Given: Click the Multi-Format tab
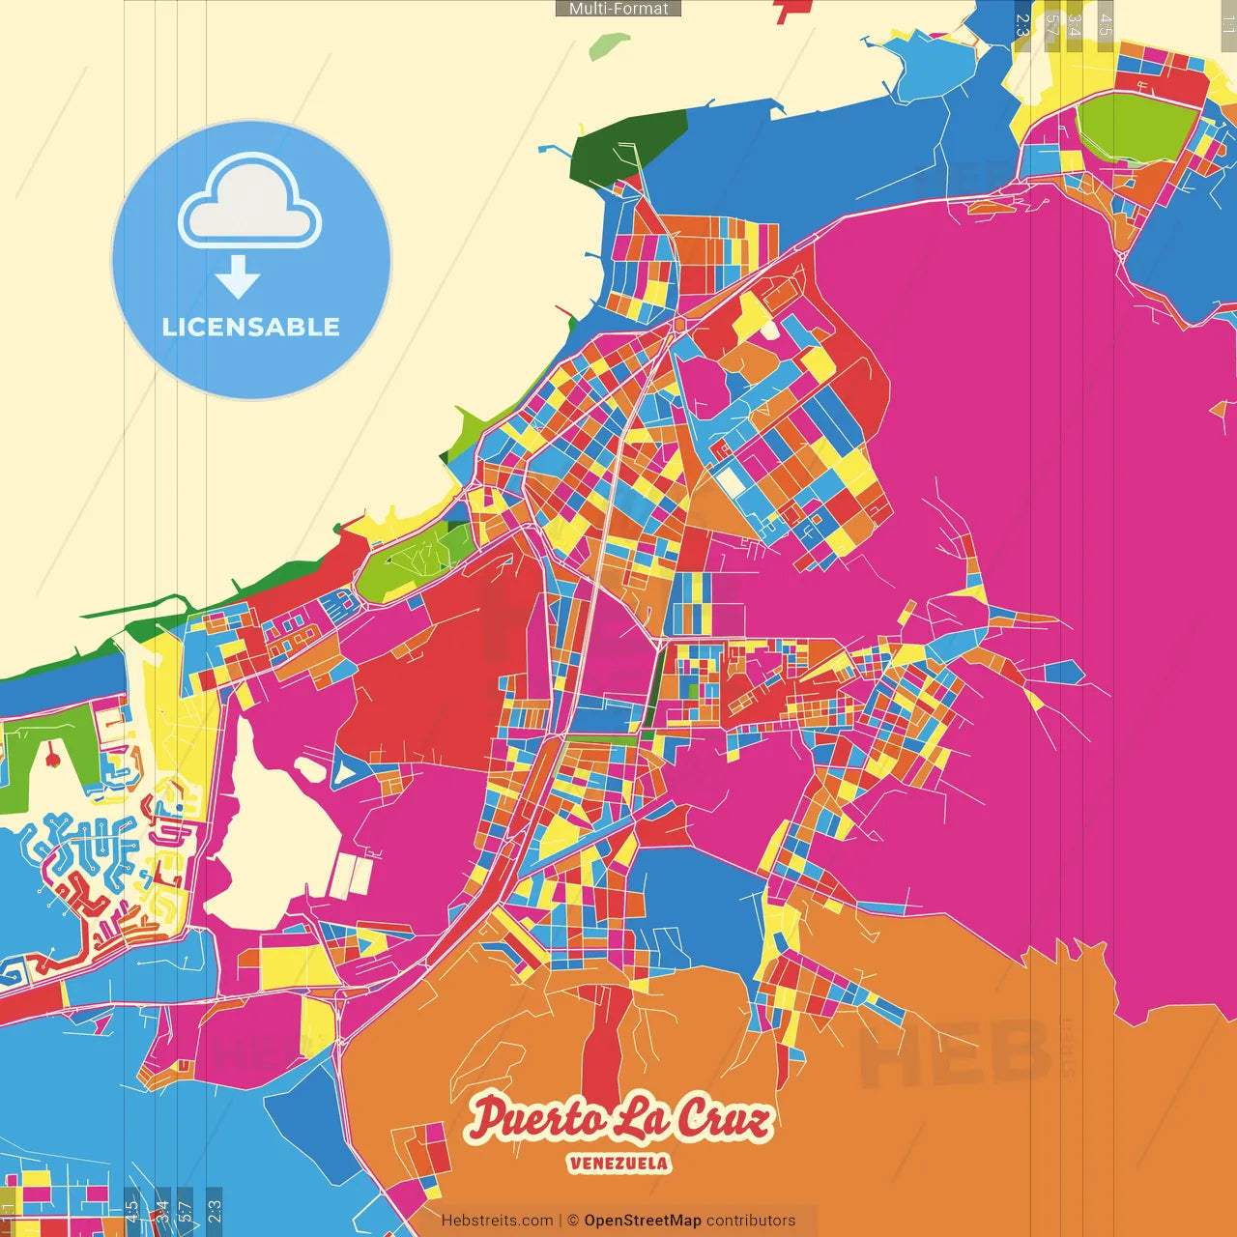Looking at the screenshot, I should tap(618, 9).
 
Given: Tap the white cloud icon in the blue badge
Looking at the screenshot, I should tap(250, 205).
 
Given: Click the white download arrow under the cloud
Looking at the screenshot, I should tap(238, 277).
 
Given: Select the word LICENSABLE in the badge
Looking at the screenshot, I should tap(251, 327).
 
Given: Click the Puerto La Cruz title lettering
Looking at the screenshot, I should tap(619, 1119).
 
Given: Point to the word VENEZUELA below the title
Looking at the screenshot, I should tap(618, 1163).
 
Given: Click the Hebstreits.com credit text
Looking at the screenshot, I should tap(497, 1221).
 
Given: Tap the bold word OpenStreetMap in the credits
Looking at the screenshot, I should tap(643, 1221).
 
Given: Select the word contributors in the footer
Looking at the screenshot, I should tap(751, 1221).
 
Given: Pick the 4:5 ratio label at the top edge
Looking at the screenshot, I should tap(1106, 24).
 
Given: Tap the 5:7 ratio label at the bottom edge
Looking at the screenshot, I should tap(186, 1209).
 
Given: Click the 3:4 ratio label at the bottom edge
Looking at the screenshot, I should tap(162, 1209).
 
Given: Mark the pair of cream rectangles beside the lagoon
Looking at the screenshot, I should tap(351, 876).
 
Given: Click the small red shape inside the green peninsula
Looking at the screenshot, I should tap(52, 759).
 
